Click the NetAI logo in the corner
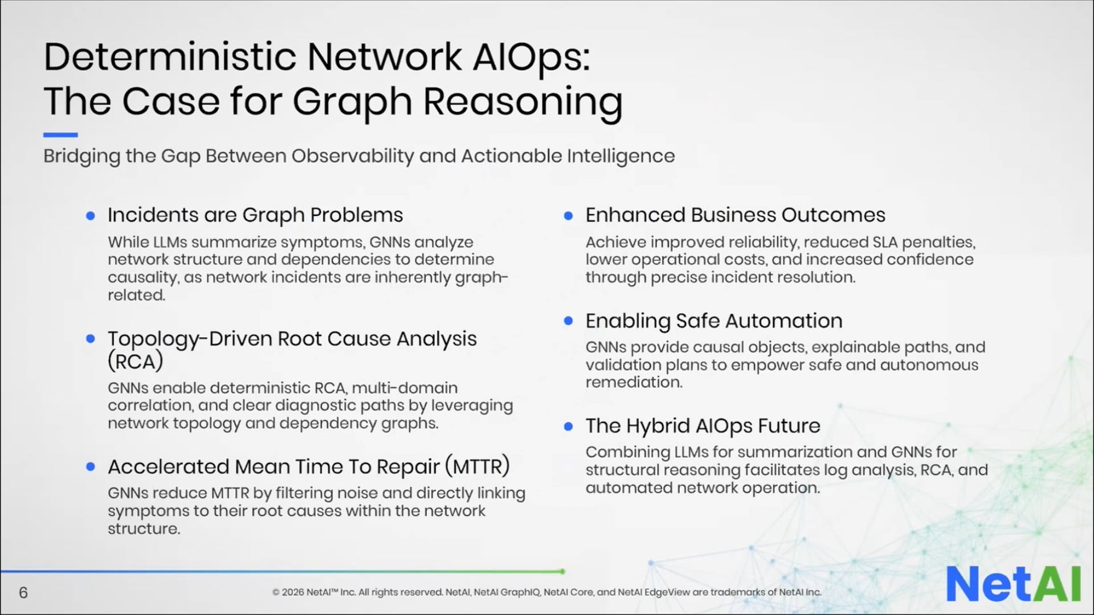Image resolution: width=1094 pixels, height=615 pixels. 1013,584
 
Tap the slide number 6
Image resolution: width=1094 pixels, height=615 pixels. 23,593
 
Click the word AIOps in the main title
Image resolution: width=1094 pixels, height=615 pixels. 531,58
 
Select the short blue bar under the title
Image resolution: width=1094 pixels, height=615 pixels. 60,135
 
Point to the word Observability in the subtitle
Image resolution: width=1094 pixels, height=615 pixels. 353,156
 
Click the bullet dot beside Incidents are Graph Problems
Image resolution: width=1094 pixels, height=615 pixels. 90,216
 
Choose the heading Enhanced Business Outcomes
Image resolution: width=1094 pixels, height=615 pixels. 735,215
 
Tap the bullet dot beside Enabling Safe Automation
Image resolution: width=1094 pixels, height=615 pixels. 568,321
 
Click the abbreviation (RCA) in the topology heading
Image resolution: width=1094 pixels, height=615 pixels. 136,362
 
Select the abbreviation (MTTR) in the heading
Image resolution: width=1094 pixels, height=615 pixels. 477,466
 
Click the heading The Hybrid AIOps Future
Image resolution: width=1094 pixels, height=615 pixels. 703,426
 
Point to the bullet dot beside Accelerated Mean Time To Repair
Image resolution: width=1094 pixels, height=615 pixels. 90,467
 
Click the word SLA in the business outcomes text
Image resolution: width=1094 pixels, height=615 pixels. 885,243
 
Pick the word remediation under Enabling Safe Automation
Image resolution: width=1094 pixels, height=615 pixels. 634,382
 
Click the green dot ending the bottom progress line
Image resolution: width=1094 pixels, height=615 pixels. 562,571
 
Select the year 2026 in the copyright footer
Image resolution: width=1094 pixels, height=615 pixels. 293,592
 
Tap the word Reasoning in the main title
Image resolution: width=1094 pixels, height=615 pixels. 522,101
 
